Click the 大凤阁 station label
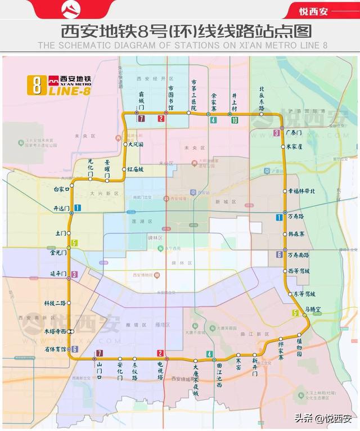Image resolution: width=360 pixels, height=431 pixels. click(x=136, y=145)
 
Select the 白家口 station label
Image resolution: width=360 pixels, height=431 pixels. click(x=60, y=190)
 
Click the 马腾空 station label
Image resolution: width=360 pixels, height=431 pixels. click(x=313, y=309)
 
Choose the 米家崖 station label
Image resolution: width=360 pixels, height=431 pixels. click(x=294, y=146)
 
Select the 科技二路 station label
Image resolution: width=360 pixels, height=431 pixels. click(x=55, y=303)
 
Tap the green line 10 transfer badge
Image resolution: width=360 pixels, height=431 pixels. click(x=234, y=120)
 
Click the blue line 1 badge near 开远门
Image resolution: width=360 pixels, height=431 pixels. click(x=77, y=208)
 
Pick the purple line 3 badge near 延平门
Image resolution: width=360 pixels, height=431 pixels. click(x=74, y=274)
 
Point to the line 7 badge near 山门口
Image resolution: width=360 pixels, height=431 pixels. click(x=100, y=353)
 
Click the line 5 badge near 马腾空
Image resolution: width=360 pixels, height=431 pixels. click(x=295, y=313)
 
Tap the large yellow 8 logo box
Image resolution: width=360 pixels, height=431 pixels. click(x=37, y=85)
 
